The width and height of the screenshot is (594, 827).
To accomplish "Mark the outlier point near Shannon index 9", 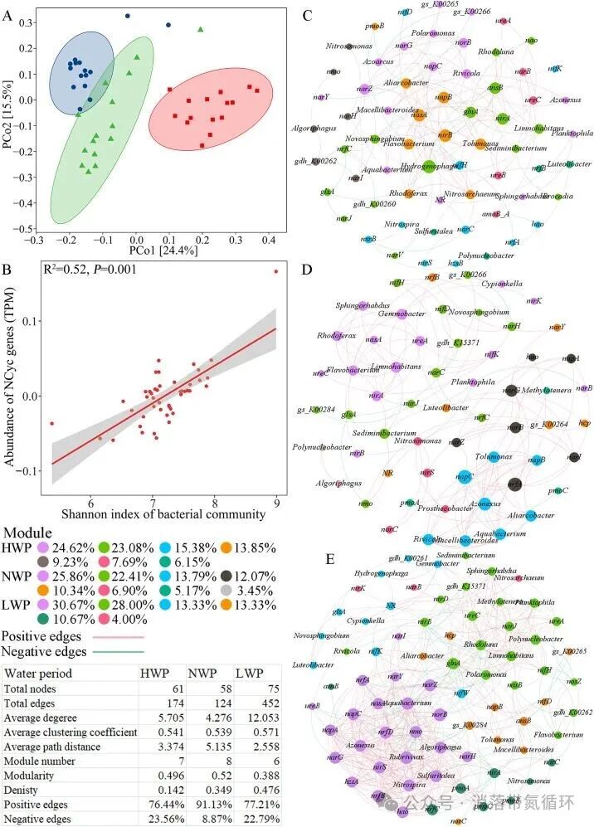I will pyautogui.click(x=276, y=271).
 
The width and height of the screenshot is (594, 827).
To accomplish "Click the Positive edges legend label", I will pyautogui.click(x=41, y=637).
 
